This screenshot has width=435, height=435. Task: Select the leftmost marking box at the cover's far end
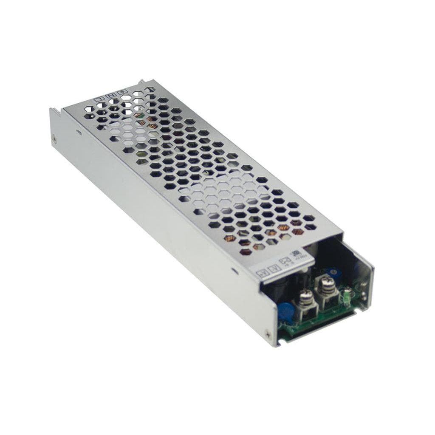[101, 99]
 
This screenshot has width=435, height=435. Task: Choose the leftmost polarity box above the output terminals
[263, 274]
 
